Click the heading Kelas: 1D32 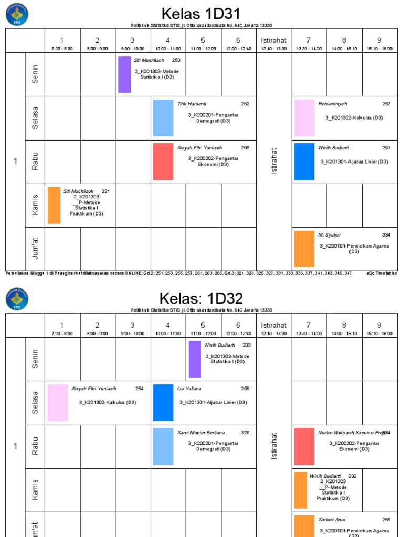[201, 299]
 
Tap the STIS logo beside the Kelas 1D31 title [17, 14]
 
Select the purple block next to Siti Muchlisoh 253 [124, 74]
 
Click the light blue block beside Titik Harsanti [163, 118]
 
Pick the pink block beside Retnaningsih [304, 118]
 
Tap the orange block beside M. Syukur [304, 249]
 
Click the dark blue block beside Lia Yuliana [163, 403]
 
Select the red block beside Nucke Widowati [304, 446]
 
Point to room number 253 [176, 60]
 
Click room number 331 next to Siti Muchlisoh [105, 191]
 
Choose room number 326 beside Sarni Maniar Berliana [245, 433]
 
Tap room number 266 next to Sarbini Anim [386, 520]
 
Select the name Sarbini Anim [332, 520]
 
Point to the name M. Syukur [330, 235]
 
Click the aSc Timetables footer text [381, 273]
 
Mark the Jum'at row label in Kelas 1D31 [35, 249]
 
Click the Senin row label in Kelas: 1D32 [35, 359]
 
